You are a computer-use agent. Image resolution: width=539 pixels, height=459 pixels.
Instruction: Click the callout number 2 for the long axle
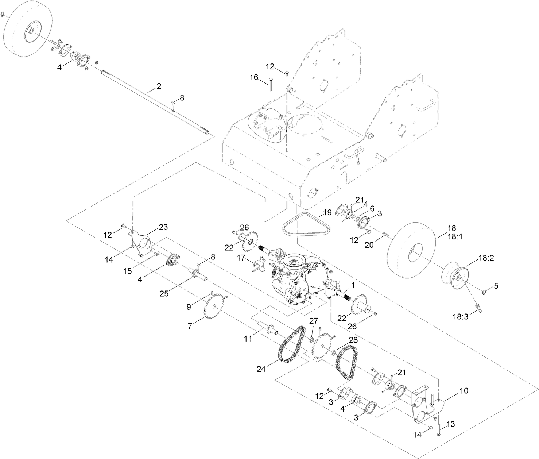point(159,86)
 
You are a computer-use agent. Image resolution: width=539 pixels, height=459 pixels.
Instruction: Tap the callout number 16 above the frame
point(253,78)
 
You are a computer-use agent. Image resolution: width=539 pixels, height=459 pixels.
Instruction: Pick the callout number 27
point(314,321)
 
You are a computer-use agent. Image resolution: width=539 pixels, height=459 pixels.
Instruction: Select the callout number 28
point(353,340)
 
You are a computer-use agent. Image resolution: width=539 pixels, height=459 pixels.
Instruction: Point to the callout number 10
point(463,391)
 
